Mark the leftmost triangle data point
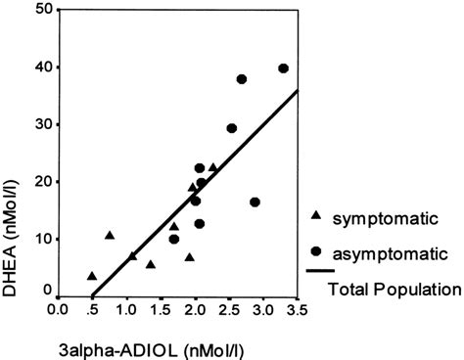pyautogui.click(x=92, y=276)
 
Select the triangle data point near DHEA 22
pyautogui.click(x=213, y=167)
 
